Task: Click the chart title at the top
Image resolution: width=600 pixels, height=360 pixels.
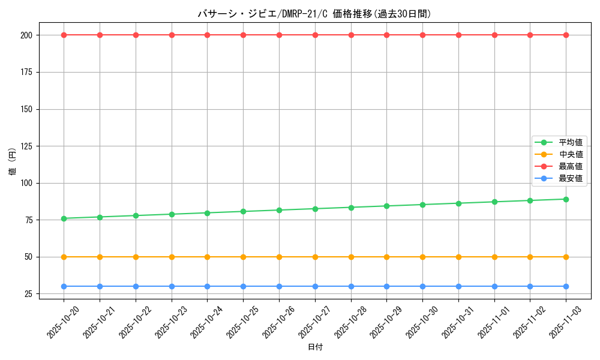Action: (x=314, y=14)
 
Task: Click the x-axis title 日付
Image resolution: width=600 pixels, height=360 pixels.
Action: (x=315, y=347)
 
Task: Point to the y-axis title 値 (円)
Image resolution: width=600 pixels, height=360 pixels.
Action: (x=12, y=162)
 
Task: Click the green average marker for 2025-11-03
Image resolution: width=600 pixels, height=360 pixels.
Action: (x=566, y=199)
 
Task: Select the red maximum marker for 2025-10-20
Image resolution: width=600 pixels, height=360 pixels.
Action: (x=64, y=35)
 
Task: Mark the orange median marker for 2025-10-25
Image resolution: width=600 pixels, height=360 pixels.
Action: (x=243, y=257)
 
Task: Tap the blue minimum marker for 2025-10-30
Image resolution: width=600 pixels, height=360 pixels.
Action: (x=422, y=286)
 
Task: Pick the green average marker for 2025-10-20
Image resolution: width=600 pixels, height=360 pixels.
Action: (x=64, y=218)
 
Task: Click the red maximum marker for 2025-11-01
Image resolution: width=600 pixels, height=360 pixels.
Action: (x=494, y=35)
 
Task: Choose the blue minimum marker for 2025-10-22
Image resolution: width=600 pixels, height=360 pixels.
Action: (x=136, y=286)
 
